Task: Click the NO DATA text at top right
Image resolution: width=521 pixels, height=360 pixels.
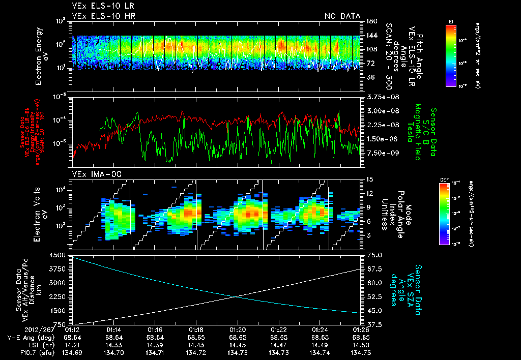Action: click(x=342, y=16)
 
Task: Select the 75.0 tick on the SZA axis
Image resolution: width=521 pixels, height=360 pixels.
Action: click(x=374, y=255)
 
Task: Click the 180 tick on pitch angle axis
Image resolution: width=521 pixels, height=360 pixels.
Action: click(x=370, y=21)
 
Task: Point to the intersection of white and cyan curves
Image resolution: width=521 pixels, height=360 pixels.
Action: click(x=236, y=297)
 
